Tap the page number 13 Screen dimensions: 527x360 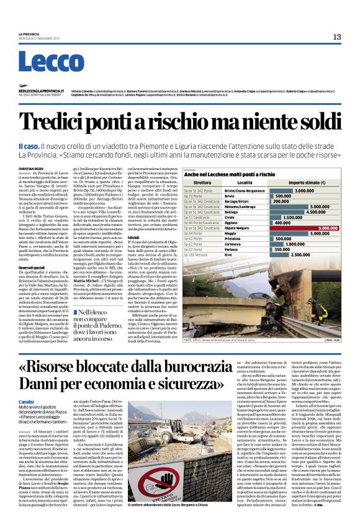click(337, 37)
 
